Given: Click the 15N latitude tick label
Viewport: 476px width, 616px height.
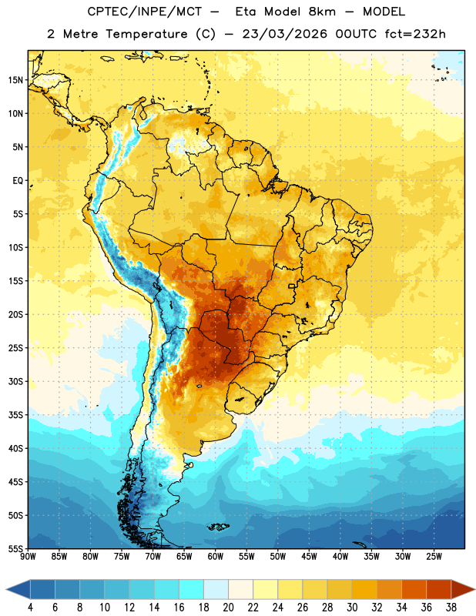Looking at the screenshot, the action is coord(15,80).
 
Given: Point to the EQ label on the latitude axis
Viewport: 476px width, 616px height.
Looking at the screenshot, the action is coord(18,181).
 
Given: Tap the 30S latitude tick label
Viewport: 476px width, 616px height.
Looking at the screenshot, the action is coord(15,381).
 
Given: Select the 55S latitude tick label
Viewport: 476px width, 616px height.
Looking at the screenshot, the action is coord(15,549).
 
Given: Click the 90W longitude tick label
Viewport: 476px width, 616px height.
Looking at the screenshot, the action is coord(28,557).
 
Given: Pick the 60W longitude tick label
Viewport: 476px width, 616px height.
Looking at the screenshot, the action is coord(216,557).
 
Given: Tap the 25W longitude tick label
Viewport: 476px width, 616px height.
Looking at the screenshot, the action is coord(434,557).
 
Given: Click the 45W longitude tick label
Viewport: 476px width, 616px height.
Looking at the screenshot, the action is coord(310,557).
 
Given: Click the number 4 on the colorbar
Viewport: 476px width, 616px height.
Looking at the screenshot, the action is coord(30,608).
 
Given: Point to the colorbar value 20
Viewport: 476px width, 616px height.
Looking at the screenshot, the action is coord(228,608).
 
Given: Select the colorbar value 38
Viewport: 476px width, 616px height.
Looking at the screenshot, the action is coord(451,608).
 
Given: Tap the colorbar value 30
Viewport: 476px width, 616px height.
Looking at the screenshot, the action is coord(352,608).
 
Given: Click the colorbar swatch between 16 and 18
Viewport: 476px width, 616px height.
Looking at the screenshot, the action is coord(192,589).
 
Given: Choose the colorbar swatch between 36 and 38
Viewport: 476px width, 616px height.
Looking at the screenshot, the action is coord(439,589).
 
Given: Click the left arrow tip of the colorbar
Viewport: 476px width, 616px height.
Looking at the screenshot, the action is coord(6,589).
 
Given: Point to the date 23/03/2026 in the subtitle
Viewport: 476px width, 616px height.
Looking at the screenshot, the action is coord(284,34).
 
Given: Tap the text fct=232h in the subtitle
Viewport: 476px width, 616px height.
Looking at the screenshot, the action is coord(415,34).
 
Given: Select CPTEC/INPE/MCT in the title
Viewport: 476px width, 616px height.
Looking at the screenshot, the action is coord(145,12).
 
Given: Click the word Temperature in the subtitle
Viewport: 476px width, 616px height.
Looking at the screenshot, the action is coord(146,35).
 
